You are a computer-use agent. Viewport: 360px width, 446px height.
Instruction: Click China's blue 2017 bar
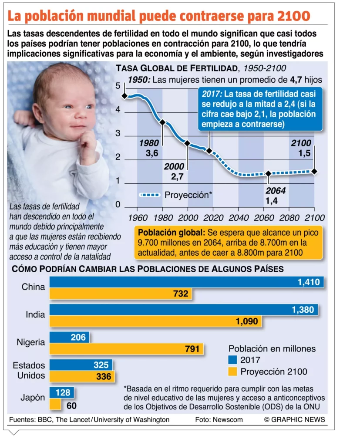pyautogui.click(x=187, y=282)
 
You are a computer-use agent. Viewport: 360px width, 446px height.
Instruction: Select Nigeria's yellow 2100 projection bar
pyautogui.click(x=126, y=348)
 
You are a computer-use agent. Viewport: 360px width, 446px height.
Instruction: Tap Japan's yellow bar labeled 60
pyautogui.click(x=55, y=404)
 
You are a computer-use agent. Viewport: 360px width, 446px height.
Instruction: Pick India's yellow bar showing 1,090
pyautogui.click(x=156, y=321)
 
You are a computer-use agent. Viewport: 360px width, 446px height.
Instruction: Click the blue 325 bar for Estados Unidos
pyautogui.click(x=81, y=364)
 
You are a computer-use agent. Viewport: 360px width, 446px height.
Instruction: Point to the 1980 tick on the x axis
pyautogui.click(x=163, y=216)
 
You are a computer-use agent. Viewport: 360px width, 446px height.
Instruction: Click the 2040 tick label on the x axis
pyautogui.click(x=239, y=216)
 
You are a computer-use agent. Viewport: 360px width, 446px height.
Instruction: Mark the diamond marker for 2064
pyautogui.click(x=268, y=174)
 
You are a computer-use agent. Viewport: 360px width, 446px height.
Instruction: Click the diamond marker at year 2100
pyautogui.click(x=314, y=171)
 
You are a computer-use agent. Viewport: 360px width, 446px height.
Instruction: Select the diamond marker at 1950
pyautogui.click(x=124, y=96)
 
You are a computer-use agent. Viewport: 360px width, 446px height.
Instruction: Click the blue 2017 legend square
pyautogui.click(x=232, y=360)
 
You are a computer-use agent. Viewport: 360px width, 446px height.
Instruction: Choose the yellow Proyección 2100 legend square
pyautogui.click(x=232, y=372)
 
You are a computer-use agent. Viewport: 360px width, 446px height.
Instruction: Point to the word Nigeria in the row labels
pyautogui.click(x=31, y=342)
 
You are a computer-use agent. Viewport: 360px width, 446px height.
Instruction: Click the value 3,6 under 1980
pyautogui.click(x=152, y=153)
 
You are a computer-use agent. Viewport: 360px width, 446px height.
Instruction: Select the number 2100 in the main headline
pyautogui.click(x=293, y=16)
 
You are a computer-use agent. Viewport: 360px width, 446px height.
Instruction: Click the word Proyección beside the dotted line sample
pyautogui.click(x=186, y=195)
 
